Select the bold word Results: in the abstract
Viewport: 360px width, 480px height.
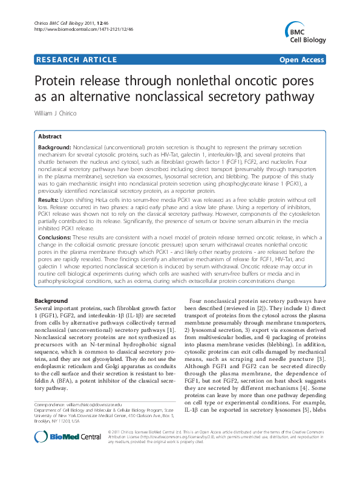(x=48, y=199)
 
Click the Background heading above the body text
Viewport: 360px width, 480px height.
(x=51, y=300)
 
